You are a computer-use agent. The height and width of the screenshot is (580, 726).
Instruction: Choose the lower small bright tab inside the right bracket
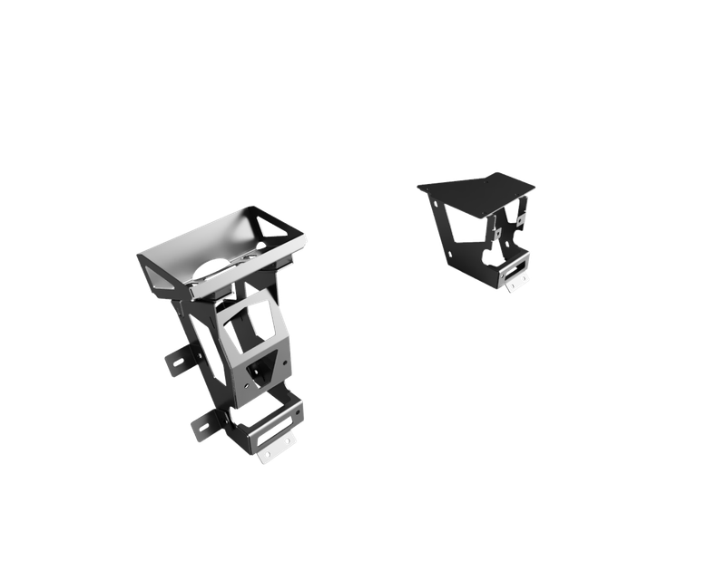click(497, 234)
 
